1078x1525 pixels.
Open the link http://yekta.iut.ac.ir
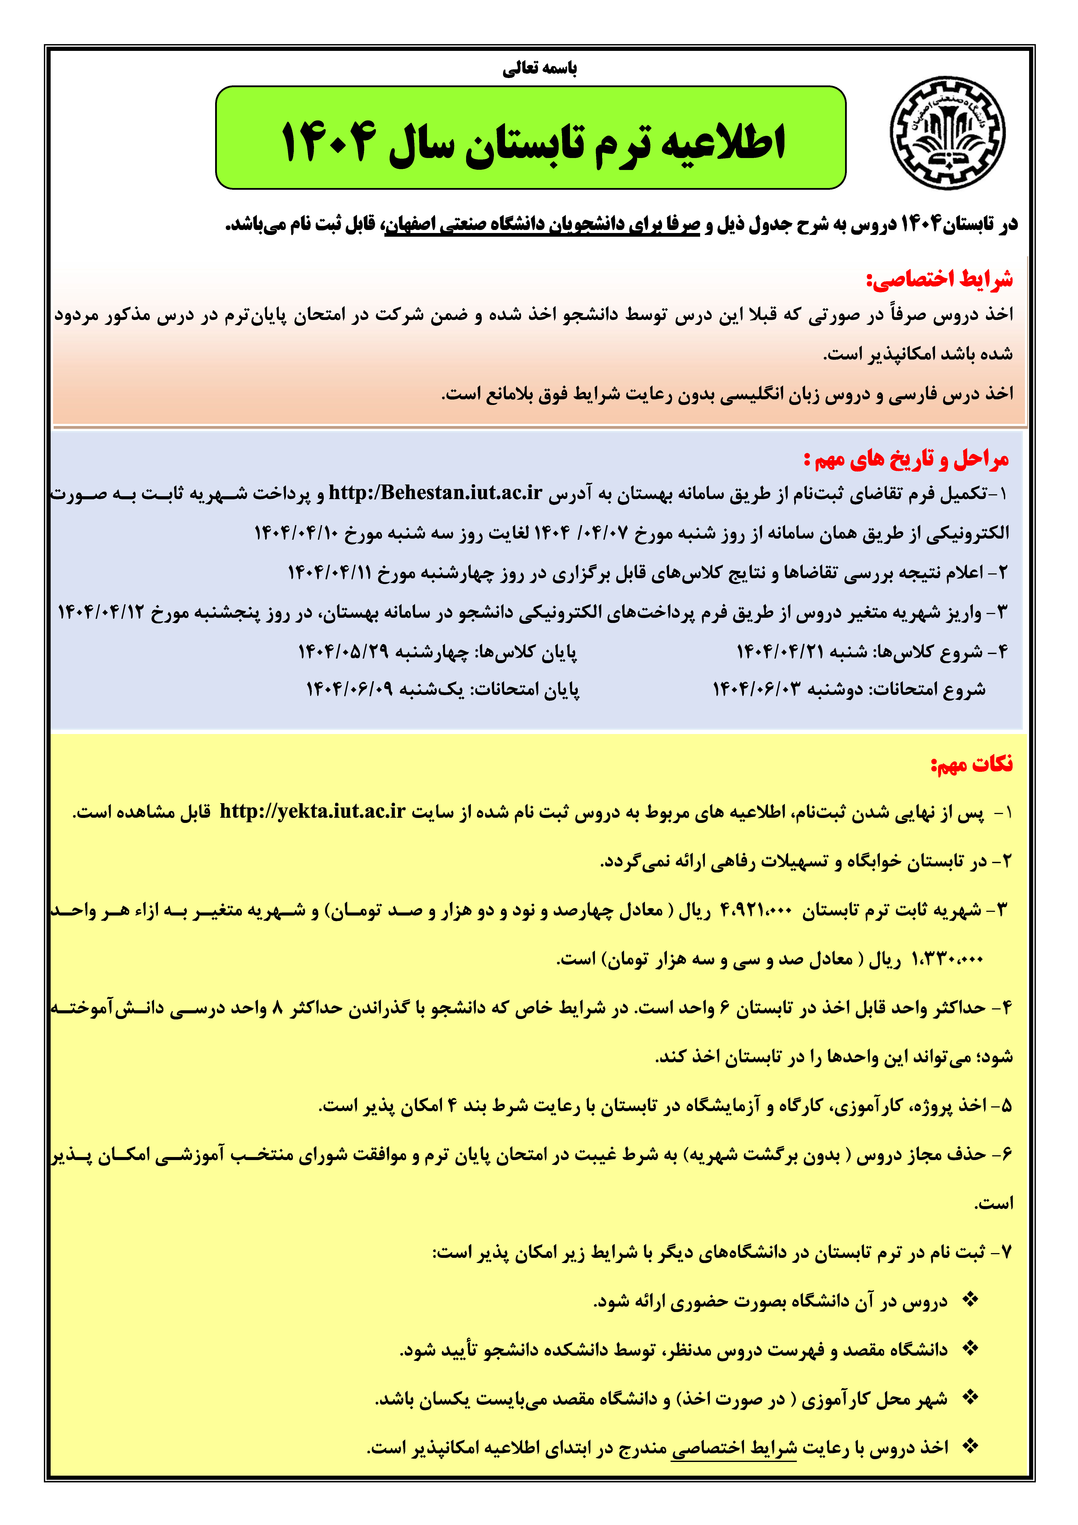312,811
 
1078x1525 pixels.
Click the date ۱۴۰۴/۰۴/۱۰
296,533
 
